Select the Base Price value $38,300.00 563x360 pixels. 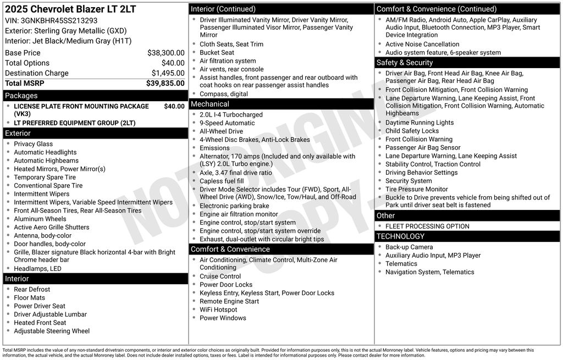click(x=165, y=53)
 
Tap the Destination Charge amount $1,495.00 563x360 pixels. click(x=168, y=73)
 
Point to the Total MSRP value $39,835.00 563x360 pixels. click(x=165, y=83)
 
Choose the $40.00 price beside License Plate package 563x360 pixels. click(x=174, y=106)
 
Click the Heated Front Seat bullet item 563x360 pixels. click(x=40, y=323)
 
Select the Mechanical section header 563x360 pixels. click(x=209, y=104)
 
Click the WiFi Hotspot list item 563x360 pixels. click(x=218, y=309)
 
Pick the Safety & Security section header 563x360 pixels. click(x=405, y=63)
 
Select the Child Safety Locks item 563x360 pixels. click(x=412, y=131)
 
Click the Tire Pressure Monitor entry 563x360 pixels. click(x=416, y=189)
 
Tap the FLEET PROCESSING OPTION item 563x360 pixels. click(x=427, y=226)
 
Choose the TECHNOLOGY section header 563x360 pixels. click(x=400, y=236)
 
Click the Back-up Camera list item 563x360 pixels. click(x=409, y=247)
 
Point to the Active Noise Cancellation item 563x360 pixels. click(x=422, y=44)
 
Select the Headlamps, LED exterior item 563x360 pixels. click(x=37, y=269)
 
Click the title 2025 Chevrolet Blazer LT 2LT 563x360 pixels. click(x=70, y=9)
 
